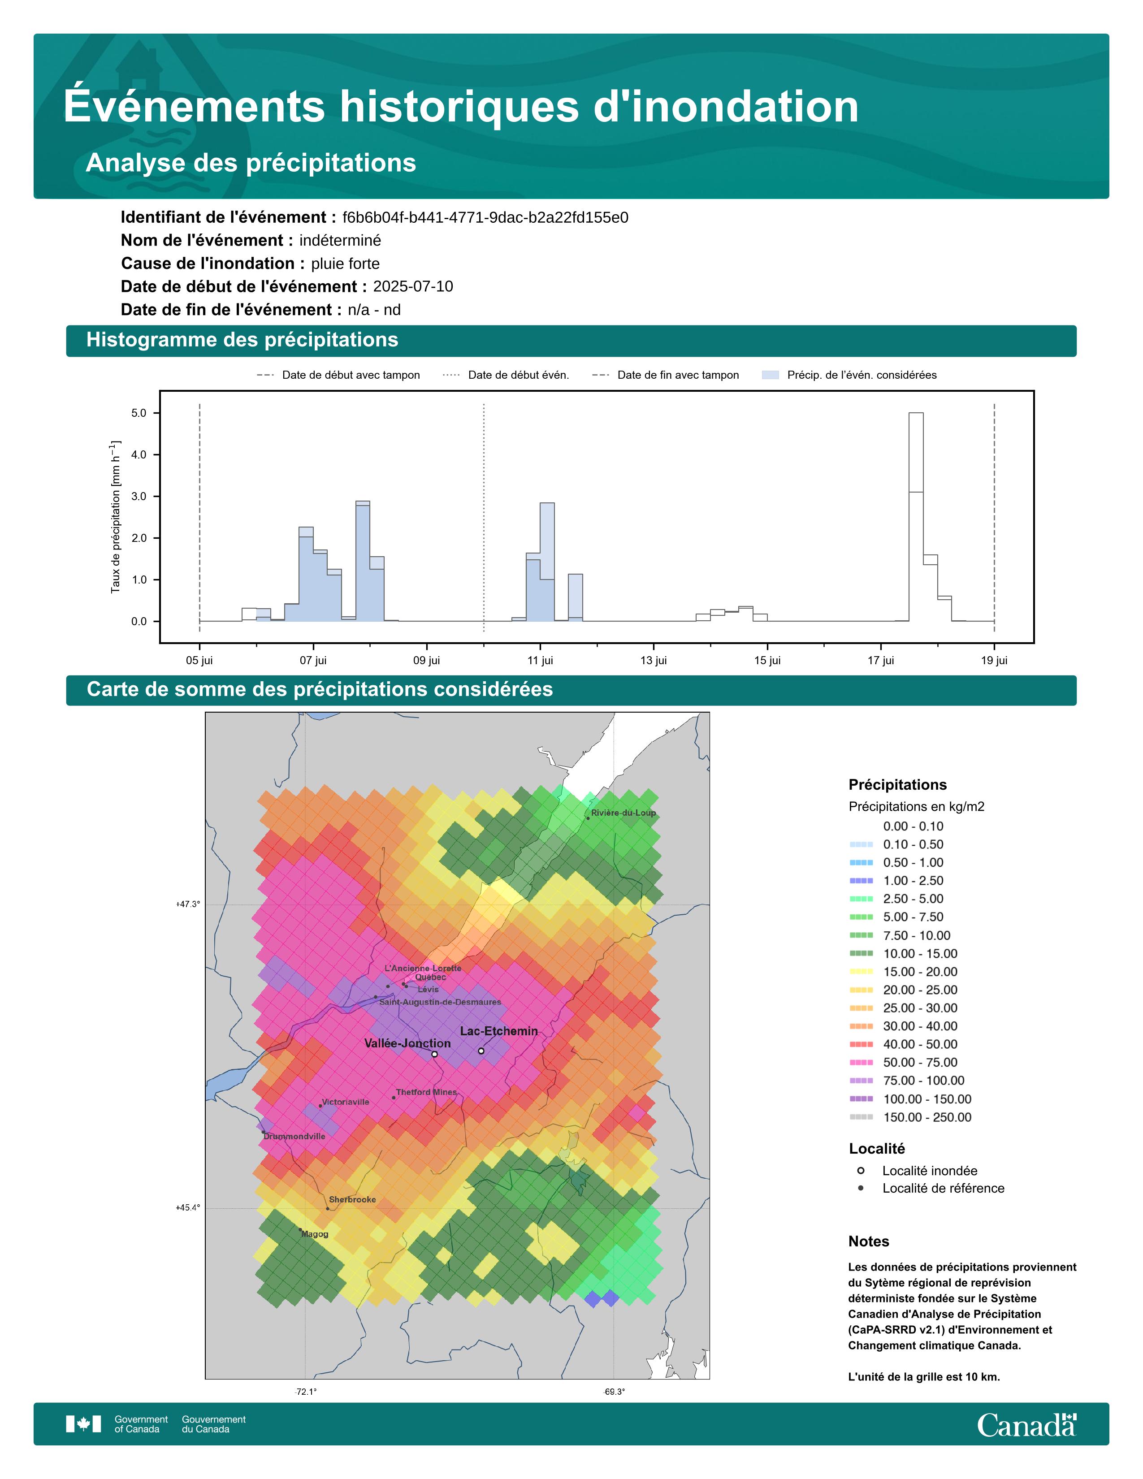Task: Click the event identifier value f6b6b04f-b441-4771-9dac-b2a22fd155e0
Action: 485,217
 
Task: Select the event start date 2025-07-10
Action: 413,286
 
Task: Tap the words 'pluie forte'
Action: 345,264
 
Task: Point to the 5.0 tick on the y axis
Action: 139,413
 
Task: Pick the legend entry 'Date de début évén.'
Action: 518,375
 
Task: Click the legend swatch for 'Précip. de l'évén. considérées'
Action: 770,375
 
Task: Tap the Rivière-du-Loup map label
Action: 623,813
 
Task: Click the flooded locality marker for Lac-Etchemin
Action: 481,1051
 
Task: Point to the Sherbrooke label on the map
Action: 352,1199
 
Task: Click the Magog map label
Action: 315,1234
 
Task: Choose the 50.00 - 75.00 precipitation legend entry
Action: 919,1063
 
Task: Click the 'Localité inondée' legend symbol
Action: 861,1170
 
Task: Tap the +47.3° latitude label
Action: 188,904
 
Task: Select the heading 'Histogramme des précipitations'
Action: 242,340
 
